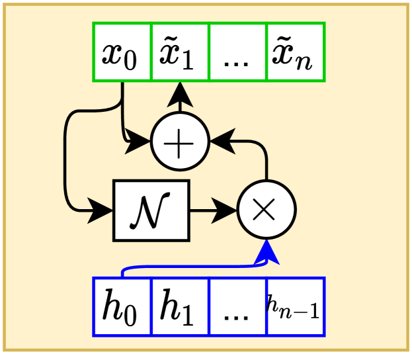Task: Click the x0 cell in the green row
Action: pyautogui.click(x=122, y=52)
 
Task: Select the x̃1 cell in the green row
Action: pyautogui.click(x=180, y=52)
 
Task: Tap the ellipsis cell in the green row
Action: pyautogui.click(x=237, y=52)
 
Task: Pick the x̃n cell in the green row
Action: pyautogui.click(x=295, y=52)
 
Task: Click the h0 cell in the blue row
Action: pyautogui.click(x=122, y=307)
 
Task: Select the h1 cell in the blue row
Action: pyautogui.click(x=180, y=307)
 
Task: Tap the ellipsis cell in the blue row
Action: pyautogui.click(x=237, y=307)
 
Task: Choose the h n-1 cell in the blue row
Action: pyautogui.click(x=295, y=307)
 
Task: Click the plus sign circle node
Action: pyautogui.click(x=180, y=141)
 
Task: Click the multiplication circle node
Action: pyautogui.click(x=266, y=211)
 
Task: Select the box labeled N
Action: pyautogui.click(x=151, y=210)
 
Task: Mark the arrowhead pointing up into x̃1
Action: pyautogui.click(x=180, y=96)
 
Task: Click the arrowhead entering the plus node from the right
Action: pyautogui.click(x=222, y=141)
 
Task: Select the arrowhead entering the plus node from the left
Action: pyautogui.click(x=139, y=141)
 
